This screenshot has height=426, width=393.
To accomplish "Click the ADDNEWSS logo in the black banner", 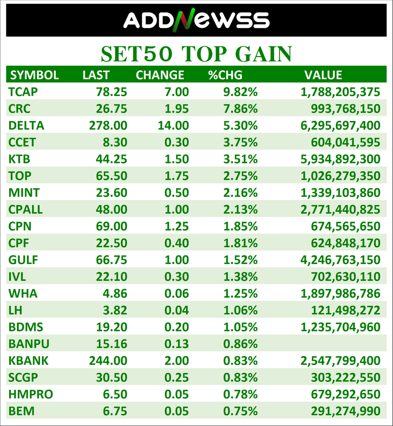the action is click(x=196, y=20).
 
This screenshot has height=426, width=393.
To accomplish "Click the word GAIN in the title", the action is click(x=263, y=54).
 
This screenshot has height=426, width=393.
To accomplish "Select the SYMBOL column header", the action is click(x=35, y=75).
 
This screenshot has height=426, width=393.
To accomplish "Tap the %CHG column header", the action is click(x=225, y=75).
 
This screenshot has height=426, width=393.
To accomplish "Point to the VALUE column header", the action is click(x=323, y=75).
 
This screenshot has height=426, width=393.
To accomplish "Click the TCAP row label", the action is click(x=23, y=92).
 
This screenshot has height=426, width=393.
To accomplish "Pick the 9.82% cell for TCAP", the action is click(x=240, y=92).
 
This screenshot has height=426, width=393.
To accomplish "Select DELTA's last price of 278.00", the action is click(x=108, y=125).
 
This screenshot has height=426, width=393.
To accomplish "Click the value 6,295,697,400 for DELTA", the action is click(x=340, y=125).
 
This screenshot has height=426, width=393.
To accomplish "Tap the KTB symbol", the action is click(x=19, y=159).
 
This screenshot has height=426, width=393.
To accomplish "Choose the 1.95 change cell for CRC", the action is click(x=176, y=109).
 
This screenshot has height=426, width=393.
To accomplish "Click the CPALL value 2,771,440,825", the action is click(x=340, y=209).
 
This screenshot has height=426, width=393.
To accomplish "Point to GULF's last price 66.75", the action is click(x=111, y=260).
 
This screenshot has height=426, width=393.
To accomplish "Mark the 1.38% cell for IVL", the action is click(x=240, y=276).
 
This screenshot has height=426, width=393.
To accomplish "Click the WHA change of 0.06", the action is click(x=176, y=293).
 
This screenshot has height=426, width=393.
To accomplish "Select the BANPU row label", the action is click(x=29, y=344).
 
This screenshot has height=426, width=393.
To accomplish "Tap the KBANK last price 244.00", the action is click(x=108, y=360).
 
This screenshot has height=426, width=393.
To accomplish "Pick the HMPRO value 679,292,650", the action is click(x=345, y=394).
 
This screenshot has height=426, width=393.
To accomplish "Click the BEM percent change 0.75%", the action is click(x=240, y=411).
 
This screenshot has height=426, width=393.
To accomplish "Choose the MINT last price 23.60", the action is click(x=111, y=192).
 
